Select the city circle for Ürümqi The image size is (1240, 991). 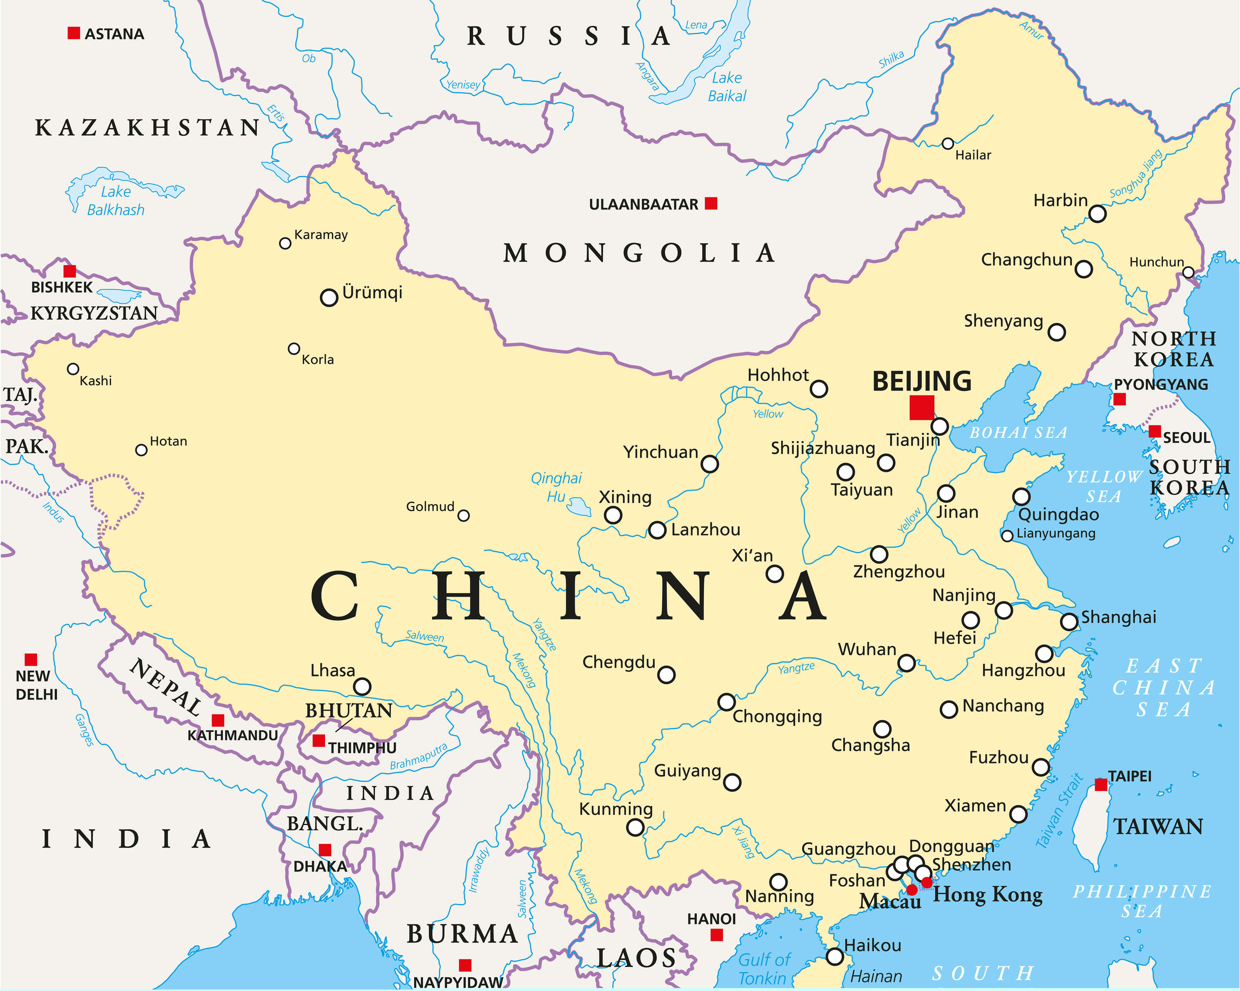tap(328, 297)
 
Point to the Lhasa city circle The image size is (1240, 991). tap(362, 686)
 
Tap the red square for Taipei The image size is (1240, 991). tap(1100, 784)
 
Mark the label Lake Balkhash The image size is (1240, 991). tap(116, 201)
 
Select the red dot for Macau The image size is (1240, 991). tap(912, 890)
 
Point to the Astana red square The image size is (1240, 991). tap(73, 33)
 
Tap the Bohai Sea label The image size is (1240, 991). tap(1018, 433)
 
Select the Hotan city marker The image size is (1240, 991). tap(141, 450)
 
